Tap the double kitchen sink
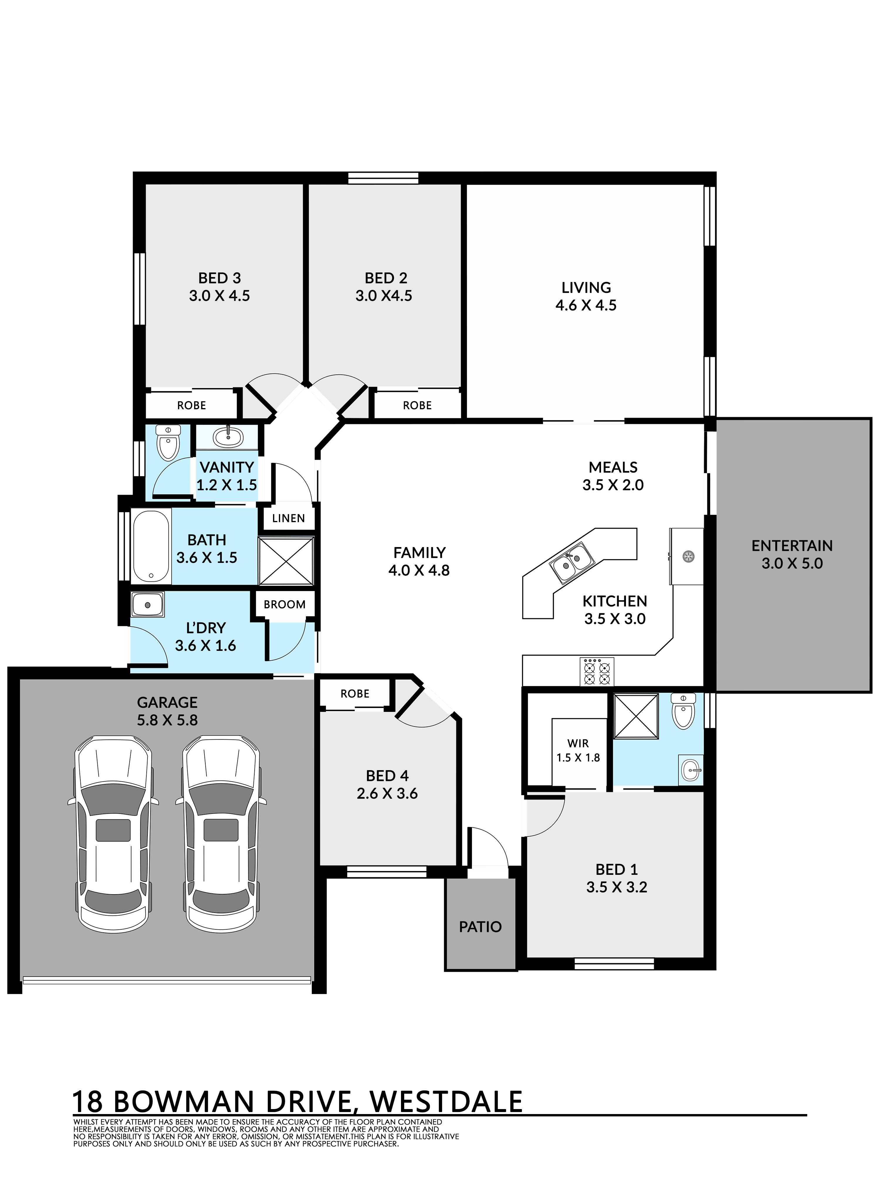pos(572,562)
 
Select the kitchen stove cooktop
pos(597,672)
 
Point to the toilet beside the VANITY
pos(168,442)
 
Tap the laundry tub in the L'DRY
pos(148,605)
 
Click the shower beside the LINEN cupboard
pos(286,561)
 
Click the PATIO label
pos(480,927)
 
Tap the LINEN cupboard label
pos(288,518)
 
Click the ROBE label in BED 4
pos(355,694)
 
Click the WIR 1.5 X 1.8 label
pos(578,751)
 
